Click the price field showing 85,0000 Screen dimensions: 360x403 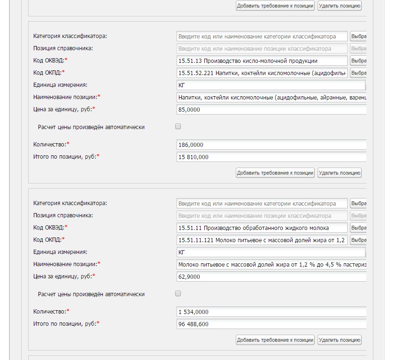[x=271, y=109]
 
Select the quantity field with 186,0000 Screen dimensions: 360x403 [x=271, y=145]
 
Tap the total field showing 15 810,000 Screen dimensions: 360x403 [x=271, y=157]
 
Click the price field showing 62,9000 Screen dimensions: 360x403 [x=271, y=277]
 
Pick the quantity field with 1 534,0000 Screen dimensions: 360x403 [x=271, y=312]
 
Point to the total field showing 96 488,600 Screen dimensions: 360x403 [x=271, y=324]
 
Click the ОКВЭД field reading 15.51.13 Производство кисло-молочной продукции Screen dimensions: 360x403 [x=262, y=61]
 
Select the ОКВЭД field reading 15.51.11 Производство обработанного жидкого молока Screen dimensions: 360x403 [x=262, y=228]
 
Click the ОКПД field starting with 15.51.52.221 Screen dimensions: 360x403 [x=262, y=73]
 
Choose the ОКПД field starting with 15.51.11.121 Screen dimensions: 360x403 [x=262, y=240]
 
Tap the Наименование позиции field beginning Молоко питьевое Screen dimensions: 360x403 [x=271, y=265]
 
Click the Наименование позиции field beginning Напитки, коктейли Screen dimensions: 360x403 [x=271, y=97]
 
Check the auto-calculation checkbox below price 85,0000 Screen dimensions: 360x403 [x=178, y=126]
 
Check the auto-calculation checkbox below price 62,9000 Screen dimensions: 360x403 [x=178, y=294]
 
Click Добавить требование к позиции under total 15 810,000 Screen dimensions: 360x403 [x=275, y=173]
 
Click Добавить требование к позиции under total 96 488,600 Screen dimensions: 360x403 [x=275, y=340]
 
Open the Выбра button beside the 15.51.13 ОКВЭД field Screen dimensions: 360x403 [x=358, y=61]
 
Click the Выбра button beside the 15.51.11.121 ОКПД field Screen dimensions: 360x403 [x=358, y=240]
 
